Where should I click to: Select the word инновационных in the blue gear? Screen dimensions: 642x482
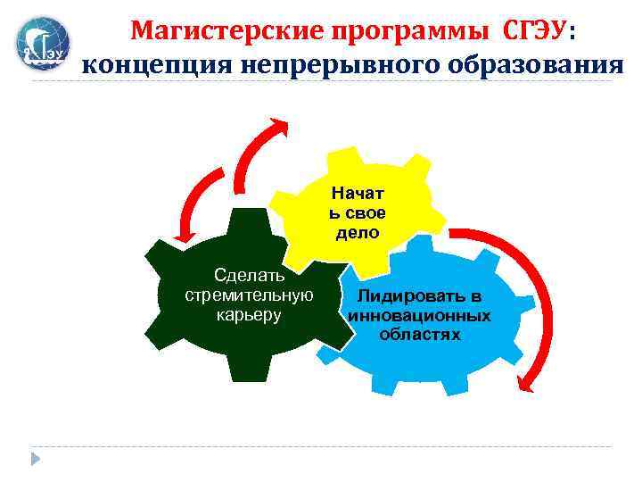(x=419, y=315)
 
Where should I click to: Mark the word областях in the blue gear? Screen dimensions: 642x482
(x=419, y=335)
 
